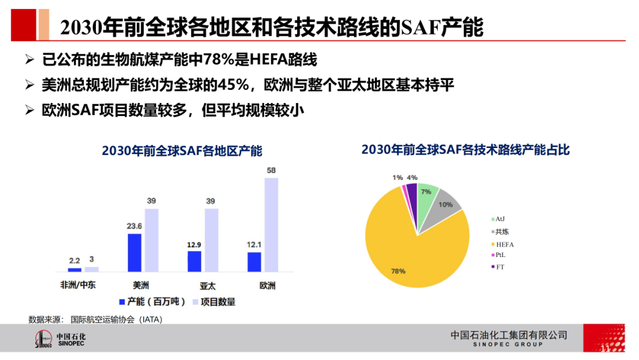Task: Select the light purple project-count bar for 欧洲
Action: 271,224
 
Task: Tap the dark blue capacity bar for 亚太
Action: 194,261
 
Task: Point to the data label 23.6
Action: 134,226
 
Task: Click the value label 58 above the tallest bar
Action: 271,171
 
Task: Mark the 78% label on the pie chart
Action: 398,271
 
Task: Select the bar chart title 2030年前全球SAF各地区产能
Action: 182,151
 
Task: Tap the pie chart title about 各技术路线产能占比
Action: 465,150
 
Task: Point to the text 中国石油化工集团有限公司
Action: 508,335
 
